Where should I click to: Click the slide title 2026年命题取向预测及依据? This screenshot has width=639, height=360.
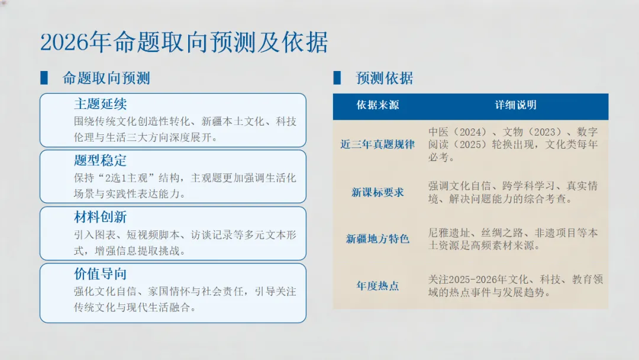coord(184,43)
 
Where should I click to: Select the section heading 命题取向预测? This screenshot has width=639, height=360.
coord(106,78)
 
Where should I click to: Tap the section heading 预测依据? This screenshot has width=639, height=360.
coord(385,78)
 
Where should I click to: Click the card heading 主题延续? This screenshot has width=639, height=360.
coord(100,104)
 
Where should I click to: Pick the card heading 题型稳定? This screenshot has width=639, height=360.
coord(100,160)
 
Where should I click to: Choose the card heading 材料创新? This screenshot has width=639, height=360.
coord(100,217)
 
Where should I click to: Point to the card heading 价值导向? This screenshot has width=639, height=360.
coord(100,274)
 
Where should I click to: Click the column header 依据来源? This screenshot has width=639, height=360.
coord(377,105)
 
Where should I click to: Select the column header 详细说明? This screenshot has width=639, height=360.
coord(515,105)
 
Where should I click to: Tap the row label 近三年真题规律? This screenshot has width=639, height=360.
coord(377,144)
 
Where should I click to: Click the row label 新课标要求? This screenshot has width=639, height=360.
coord(377,192)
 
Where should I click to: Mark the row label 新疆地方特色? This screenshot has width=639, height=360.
coord(377,239)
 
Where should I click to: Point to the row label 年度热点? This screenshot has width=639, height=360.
coord(377,286)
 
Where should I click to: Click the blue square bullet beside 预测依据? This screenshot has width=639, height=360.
coord(337,78)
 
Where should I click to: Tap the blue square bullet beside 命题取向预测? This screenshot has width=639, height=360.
coord(44,78)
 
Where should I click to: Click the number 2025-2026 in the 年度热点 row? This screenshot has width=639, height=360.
coord(478,279)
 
